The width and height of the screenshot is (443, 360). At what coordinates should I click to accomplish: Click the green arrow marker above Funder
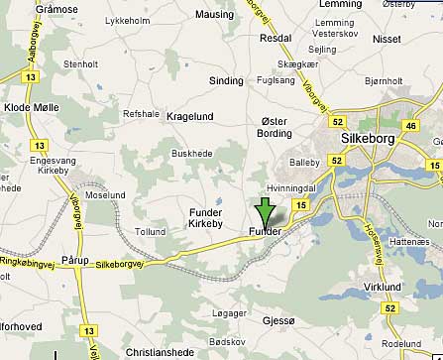(x=264, y=212)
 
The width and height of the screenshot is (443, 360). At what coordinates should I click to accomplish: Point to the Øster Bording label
(x=275, y=127)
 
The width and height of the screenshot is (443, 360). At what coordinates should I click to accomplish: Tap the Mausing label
(x=215, y=15)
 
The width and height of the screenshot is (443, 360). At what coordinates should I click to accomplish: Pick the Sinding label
(x=227, y=80)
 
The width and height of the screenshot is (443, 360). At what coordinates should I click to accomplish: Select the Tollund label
(x=151, y=232)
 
